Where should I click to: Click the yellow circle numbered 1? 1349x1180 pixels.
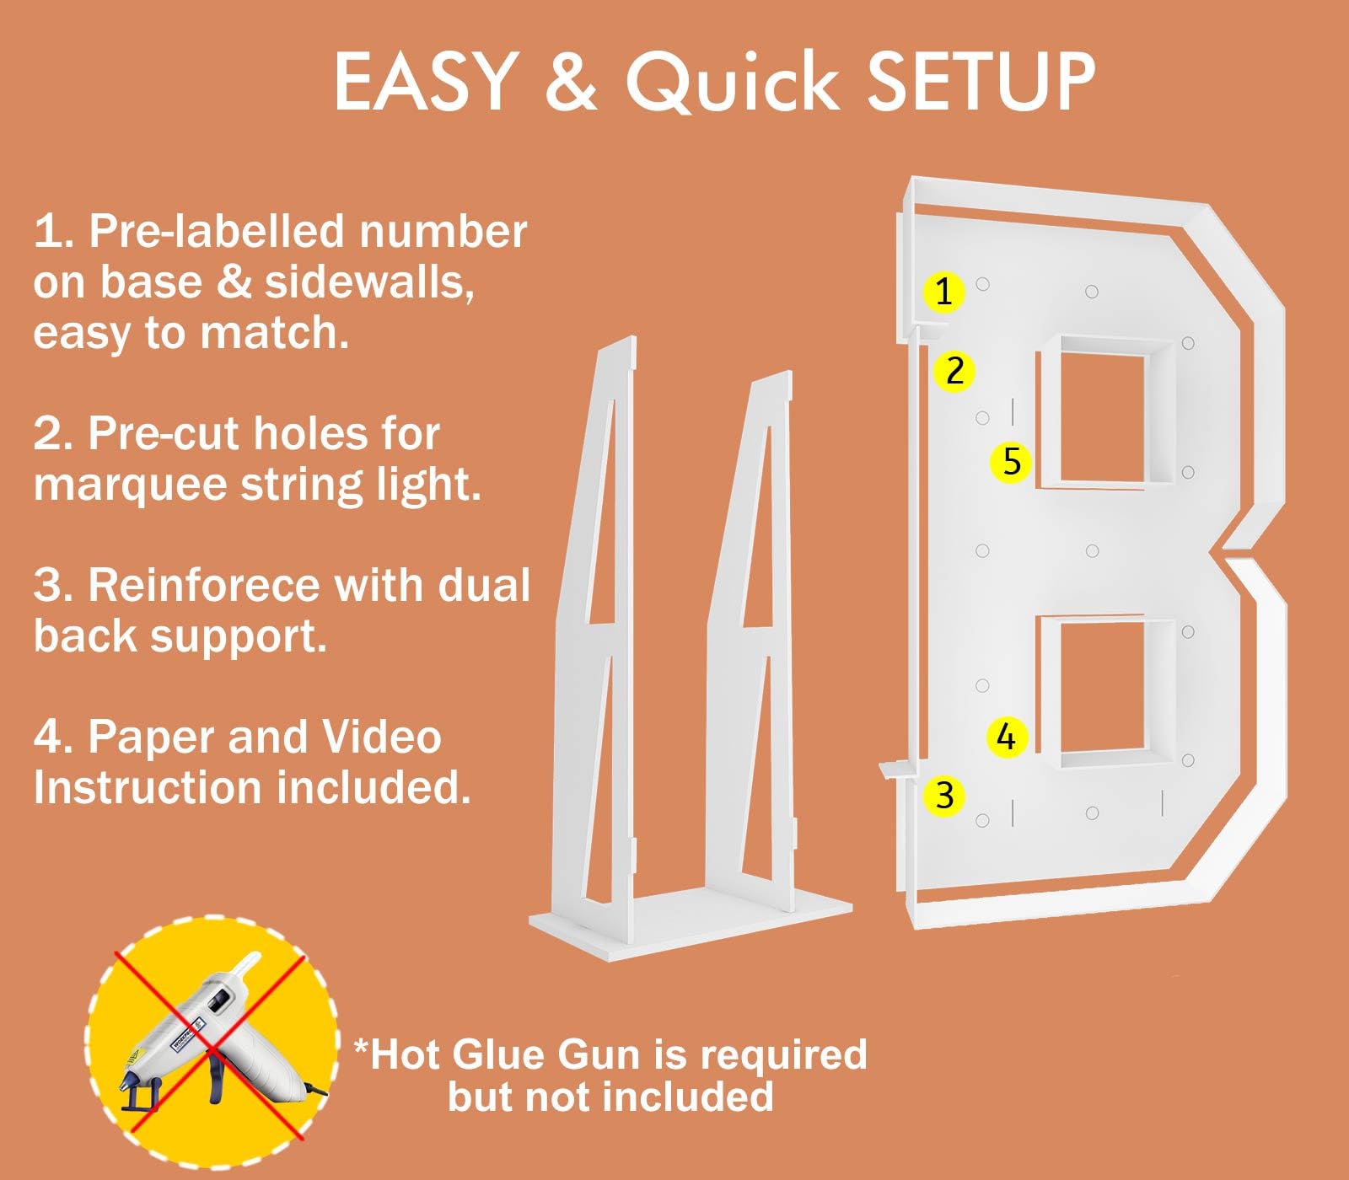[x=943, y=292]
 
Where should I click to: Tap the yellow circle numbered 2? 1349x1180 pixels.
[x=954, y=371]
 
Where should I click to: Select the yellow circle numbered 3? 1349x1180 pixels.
[x=944, y=796]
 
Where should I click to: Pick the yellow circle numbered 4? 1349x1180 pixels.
[x=1007, y=737]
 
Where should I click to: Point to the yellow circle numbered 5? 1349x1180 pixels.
[x=1012, y=462]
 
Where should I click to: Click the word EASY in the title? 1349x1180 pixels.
[x=426, y=81]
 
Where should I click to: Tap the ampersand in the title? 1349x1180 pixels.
[x=572, y=81]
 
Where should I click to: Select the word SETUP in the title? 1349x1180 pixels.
[x=981, y=81]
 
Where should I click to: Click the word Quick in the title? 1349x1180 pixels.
[x=732, y=81]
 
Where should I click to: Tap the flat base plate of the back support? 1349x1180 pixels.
[x=690, y=921]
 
